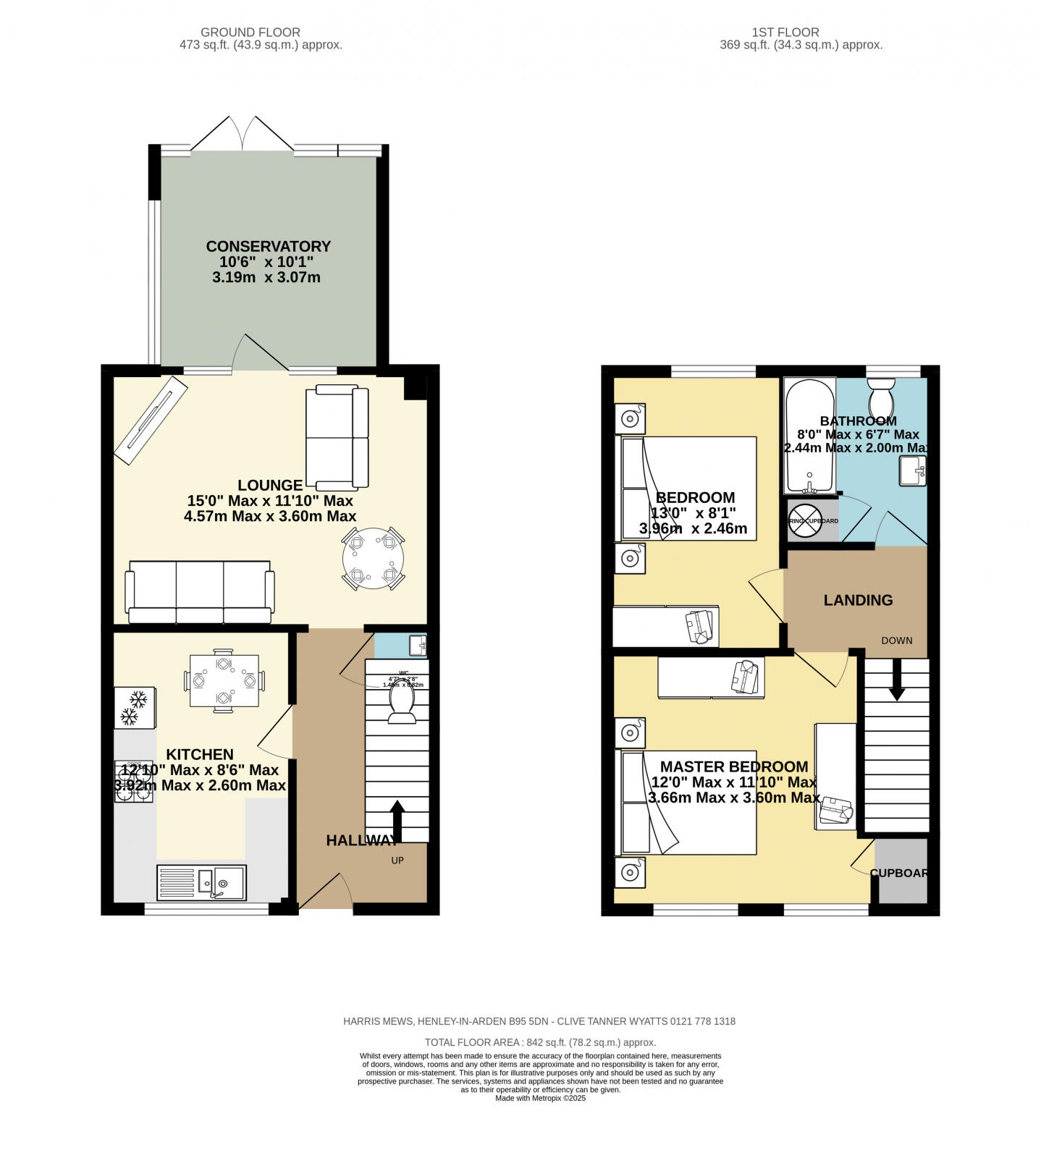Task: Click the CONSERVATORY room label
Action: pyautogui.click(x=268, y=247)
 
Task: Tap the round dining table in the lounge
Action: pyautogui.click(x=374, y=559)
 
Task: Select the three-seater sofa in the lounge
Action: pyautogui.click(x=200, y=591)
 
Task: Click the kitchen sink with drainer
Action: pyautogui.click(x=201, y=882)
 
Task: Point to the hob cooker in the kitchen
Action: pyautogui.click(x=134, y=782)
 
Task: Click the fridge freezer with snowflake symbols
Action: pyautogui.click(x=135, y=707)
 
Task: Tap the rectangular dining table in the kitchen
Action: pyautogui.click(x=224, y=680)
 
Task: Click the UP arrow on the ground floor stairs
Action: pyautogui.click(x=397, y=821)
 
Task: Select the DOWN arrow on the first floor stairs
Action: pyautogui.click(x=896, y=680)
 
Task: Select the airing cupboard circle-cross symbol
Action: pyautogui.click(x=803, y=521)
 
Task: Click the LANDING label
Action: pyautogui.click(x=858, y=600)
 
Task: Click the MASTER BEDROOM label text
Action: pyautogui.click(x=733, y=766)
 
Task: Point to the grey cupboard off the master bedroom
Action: pyautogui.click(x=901, y=872)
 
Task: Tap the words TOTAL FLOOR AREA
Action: pyautogui.click(x=472, y=1042)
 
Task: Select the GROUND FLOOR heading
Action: pyautogui.click(x=250, y=32)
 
